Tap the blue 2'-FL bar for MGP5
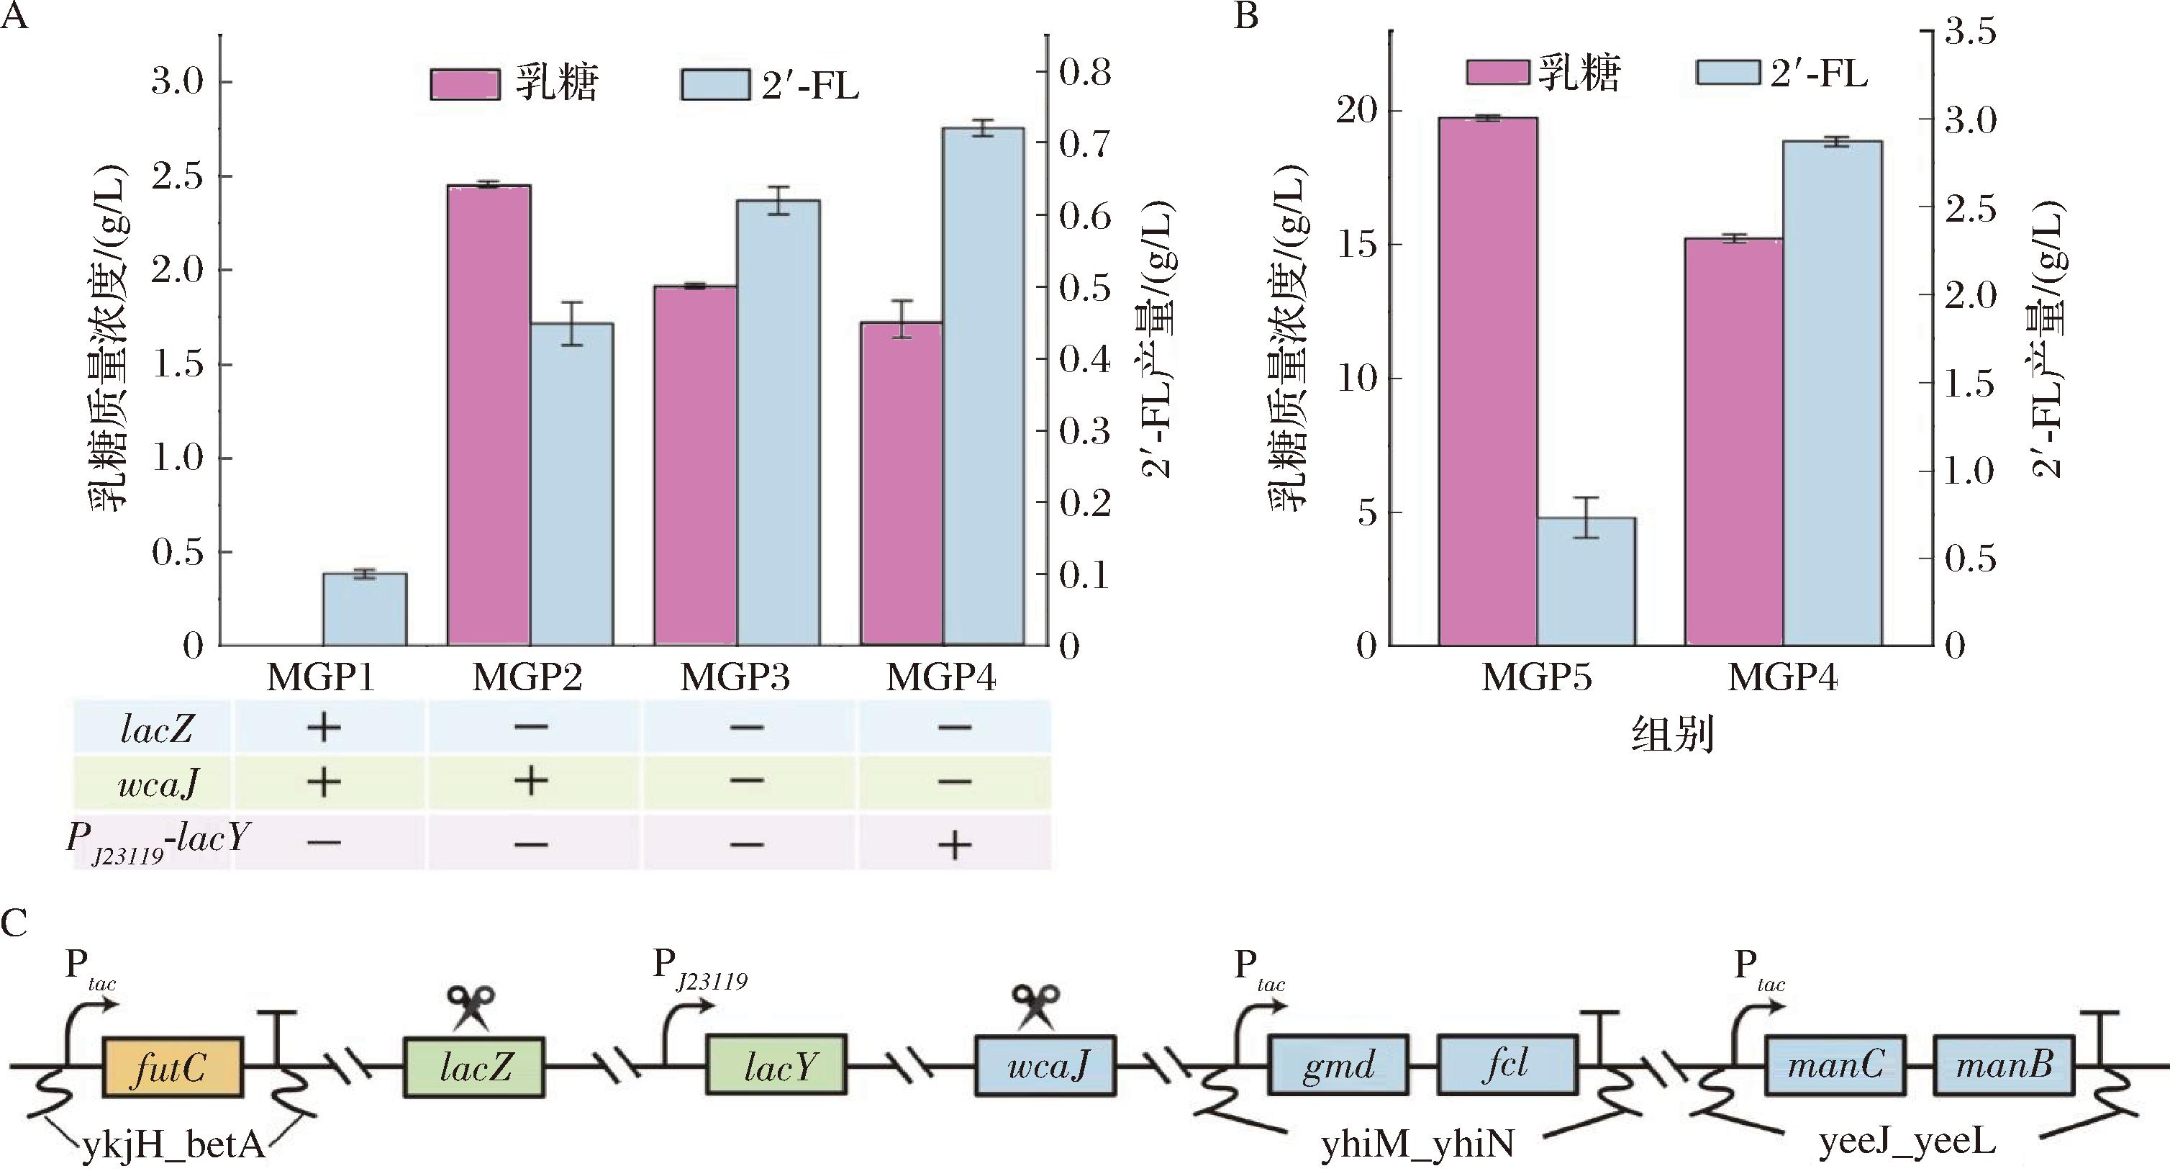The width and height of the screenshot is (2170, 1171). tap(1586, 582)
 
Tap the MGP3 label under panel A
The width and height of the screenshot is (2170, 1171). tap(735, 677)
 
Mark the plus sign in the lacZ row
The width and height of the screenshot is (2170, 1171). tap(324, 727)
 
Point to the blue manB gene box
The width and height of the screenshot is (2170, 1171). tap(2003, 1066)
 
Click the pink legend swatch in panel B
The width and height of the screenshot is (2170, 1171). tap(1497, 73)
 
